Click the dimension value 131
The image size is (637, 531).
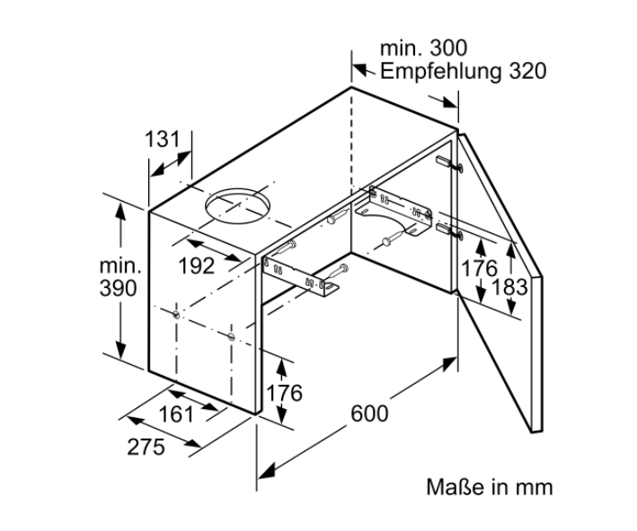click(163, 139)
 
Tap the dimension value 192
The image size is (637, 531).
click(197, 266)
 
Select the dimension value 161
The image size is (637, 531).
click(176, 414)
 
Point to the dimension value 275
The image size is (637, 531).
click(146, 447)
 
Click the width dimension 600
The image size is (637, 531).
click(369, 413)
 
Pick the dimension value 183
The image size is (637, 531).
click(509, 287)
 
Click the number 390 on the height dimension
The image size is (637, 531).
click(119, 289)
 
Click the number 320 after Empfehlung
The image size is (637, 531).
click(527, 71)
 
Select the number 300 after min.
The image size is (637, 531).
click(448, 48)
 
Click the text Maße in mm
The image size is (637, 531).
click(490, 487)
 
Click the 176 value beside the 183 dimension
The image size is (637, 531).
click(480, 268)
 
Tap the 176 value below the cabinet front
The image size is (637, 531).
click(285, 393)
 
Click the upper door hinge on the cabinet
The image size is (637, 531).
click(449, 163)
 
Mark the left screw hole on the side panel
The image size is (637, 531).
click(176, 314)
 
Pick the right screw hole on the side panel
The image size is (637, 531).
click(231, 335)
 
